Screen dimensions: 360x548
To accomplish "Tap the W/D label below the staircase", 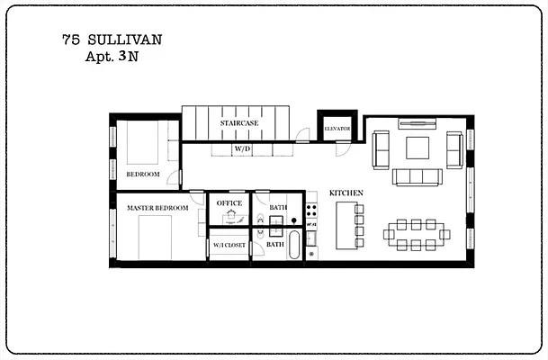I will click(242, 148).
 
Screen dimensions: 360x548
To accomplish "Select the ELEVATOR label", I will click(337, 130).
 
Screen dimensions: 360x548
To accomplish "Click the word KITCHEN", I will click(346, 193).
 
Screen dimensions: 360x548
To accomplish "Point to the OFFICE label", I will click(229, 203).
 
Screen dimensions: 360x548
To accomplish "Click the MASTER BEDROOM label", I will click(157, 208).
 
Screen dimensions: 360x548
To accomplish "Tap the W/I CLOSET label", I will click(229, 244).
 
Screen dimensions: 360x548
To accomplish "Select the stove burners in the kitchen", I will click(311, 212).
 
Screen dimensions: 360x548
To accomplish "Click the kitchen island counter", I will click(346, 225).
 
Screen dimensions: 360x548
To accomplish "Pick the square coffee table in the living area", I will click(418, 148).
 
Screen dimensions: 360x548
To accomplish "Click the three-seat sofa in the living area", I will click(418, 176).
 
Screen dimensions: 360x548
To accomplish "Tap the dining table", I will click(416, 234).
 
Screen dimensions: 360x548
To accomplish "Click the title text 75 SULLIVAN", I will click(112, 40).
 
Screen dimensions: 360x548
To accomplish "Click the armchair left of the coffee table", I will click(381, 148).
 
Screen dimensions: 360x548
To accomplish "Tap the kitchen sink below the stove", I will click(311, 238).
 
